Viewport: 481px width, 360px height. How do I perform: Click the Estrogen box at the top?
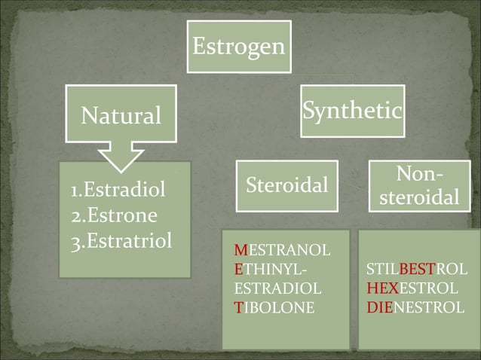[238, 47]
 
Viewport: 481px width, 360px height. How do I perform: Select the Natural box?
[121, 115]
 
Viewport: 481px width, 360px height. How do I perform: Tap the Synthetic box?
[351, 111]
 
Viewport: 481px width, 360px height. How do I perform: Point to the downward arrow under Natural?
[121, 156]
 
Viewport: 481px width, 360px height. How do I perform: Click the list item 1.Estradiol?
[117, 191]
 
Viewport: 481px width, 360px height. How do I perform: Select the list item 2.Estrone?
[114, 216]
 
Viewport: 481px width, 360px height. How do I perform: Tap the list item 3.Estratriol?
[121, 242]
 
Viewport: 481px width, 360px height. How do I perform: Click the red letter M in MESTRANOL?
[240, 249]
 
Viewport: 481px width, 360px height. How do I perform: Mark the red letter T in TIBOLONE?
[238, 307]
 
